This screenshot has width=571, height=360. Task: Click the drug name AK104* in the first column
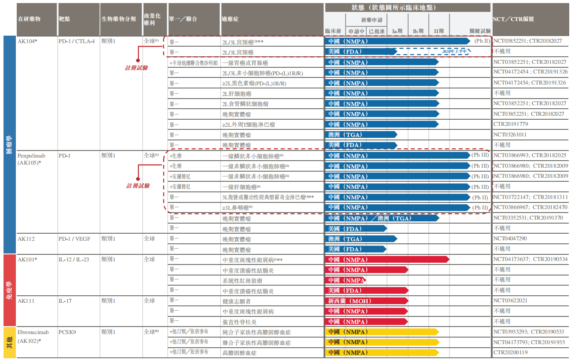[27, 41]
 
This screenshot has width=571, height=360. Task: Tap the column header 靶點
[64, 19]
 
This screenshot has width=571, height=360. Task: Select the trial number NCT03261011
[510, 135]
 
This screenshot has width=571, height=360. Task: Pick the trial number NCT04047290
[510, 239]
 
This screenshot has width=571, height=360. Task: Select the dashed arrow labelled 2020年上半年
[434, 51]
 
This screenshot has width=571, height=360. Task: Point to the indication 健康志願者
[237, 301]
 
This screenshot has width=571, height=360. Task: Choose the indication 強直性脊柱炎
[239, 322]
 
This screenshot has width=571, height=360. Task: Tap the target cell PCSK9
[67, 332]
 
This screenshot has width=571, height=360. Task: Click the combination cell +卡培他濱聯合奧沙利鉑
[194, 62]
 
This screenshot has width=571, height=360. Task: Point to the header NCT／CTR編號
[513, 19]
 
